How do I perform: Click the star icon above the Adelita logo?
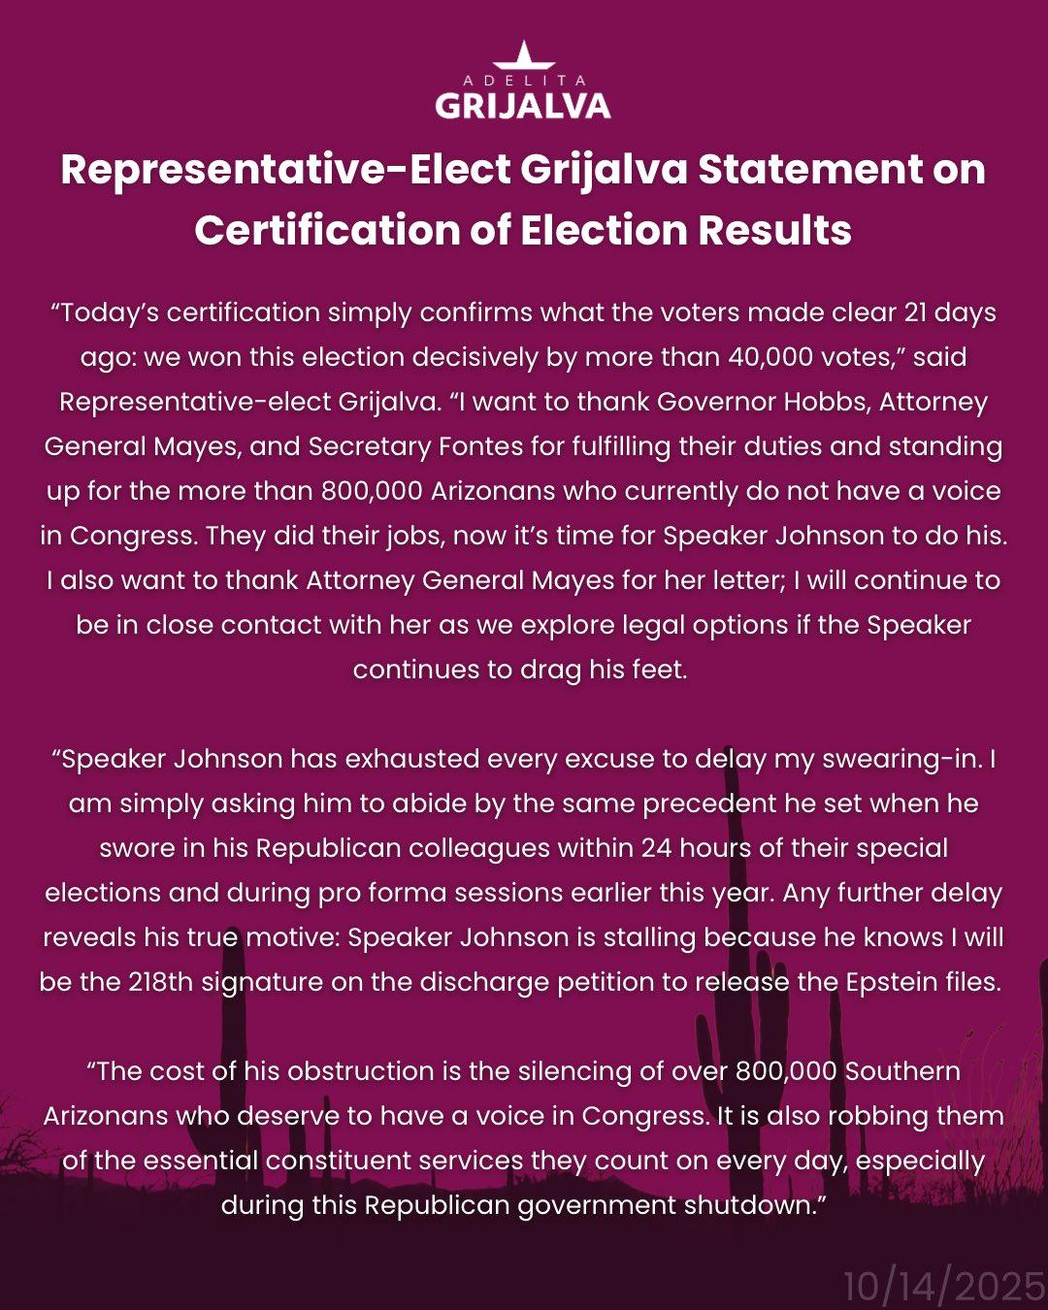pyautogui.click(x=523, y=54)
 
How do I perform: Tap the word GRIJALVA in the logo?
pyautogui.click(x=523, y=105)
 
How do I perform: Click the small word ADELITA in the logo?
pyautogui.click(x=524, y=81)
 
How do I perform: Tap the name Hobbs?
pyautogui.click(x=824, y=402)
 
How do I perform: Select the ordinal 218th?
pyautogui.click(x=160, y=982)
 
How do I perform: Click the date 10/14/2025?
pyautogui.click(x=943, y=1287)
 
